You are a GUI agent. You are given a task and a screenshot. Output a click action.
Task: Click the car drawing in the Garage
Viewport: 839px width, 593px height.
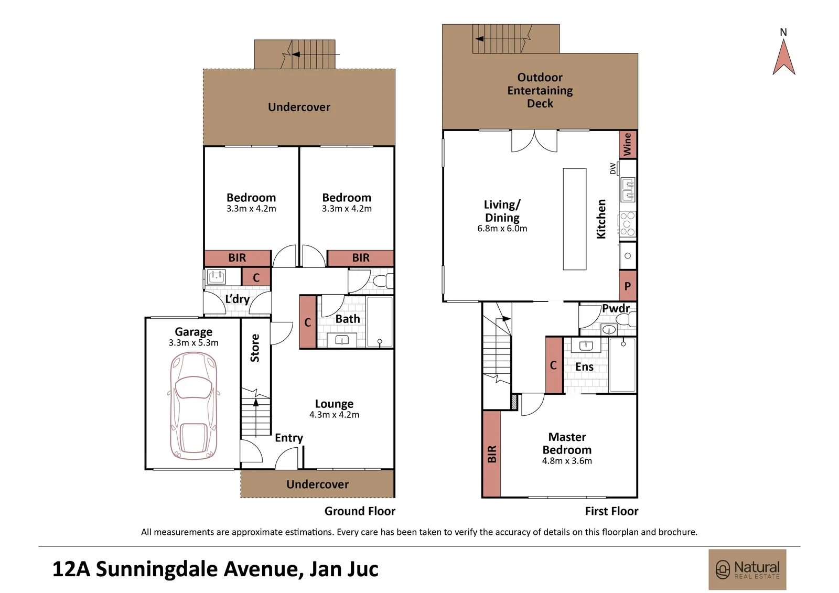pos(193,406)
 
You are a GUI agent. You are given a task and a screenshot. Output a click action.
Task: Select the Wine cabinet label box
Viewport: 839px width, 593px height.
pos(628,144)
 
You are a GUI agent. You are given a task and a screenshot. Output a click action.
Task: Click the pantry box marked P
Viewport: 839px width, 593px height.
pos(628,285)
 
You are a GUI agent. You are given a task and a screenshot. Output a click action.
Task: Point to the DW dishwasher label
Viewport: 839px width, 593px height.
pos(613,168)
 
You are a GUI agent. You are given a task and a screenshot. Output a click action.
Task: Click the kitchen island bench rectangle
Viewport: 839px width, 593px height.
pos(575,219)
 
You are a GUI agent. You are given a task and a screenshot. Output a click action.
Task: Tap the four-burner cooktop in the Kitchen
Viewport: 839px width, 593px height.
pos(628,224)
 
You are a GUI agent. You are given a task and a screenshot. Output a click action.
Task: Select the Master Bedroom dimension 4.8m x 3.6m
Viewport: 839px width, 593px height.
pos(567,461)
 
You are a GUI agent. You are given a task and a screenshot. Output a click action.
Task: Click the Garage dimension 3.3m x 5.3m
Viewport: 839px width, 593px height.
pos(193,343)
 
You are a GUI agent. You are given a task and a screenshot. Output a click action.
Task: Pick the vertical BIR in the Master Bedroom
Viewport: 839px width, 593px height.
pos(491,454)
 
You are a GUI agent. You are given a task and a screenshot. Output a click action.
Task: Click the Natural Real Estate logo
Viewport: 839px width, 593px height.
pos(747,569)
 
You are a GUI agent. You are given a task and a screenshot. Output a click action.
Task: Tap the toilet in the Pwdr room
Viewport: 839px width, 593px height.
pos(626,319)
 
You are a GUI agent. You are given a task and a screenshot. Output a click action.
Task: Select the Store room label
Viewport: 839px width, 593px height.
pos(255,348)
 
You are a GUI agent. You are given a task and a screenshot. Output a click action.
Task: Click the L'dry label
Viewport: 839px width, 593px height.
pos(238,299)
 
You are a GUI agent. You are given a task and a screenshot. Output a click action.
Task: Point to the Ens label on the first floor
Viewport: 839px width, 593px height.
pos(584,366)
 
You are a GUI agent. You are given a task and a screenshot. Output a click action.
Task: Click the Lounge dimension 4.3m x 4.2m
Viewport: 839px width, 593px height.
pos(334,415)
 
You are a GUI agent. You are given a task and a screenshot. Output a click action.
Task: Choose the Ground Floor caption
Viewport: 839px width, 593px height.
pos(360,511)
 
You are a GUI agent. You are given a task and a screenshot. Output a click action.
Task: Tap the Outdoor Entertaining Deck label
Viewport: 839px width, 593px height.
pos(540,90)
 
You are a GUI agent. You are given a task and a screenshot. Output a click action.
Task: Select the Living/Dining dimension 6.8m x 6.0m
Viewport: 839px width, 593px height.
pos(502,229)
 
